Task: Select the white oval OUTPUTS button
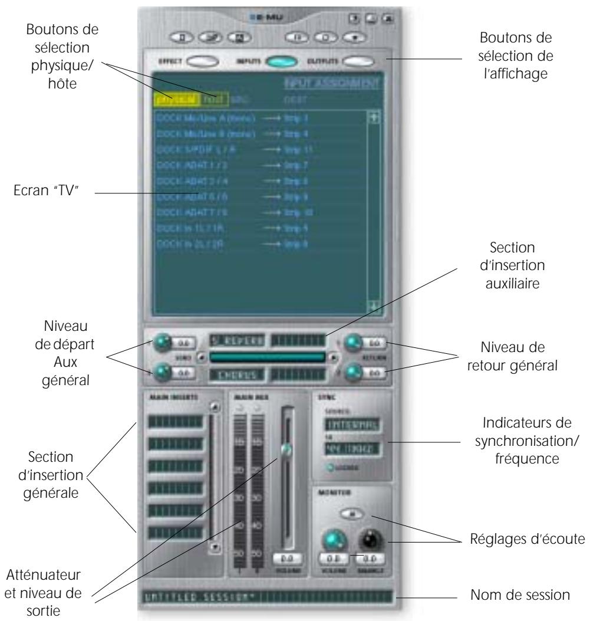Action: click(360, 61)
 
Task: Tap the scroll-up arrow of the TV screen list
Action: click(372, 118)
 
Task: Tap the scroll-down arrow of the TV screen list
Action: click(372, 305)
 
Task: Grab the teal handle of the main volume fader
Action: click(286, 449)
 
